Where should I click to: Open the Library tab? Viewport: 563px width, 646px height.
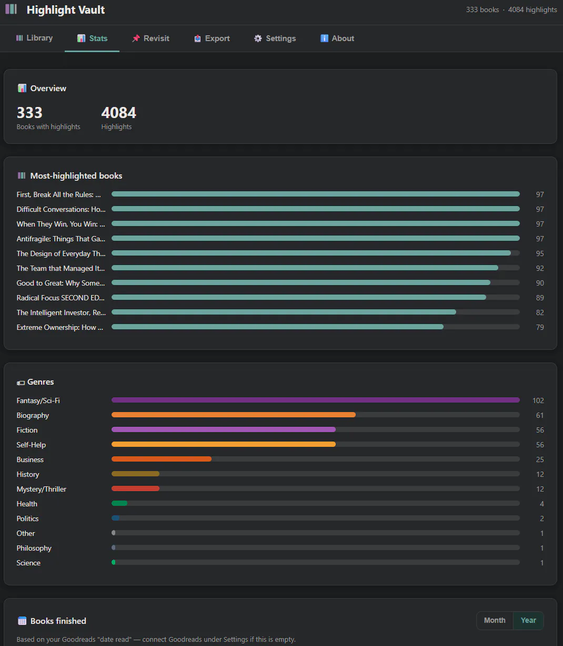pos(34,38)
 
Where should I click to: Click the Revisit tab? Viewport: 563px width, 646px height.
pos(150,38)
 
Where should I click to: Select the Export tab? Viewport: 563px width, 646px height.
pos(212,38)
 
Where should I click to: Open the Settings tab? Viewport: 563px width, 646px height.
pos(275,38)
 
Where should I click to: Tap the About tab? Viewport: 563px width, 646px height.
pos(337,38)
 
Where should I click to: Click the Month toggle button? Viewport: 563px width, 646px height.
pos(495,620)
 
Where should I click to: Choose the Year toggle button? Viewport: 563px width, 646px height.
pos(528,620)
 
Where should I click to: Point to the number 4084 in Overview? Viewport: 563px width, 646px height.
pos(118,112)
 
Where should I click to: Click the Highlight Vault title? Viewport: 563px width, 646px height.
pos(66,10)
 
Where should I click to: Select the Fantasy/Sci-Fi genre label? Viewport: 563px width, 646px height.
pos(38,400)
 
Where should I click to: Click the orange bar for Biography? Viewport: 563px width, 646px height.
pos(234,415)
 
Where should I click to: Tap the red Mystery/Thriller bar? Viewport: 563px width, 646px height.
pos(136,488)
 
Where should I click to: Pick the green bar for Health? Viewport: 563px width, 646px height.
pos(119,503)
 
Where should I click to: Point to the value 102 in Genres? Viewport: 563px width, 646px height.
pos(538,400)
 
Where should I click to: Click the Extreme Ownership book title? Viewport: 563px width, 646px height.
pos(60,327)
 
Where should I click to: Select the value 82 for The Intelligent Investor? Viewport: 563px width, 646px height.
pos(540,312)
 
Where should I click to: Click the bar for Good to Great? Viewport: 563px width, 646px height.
pos(301,282)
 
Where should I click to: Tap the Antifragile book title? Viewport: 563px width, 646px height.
pos(61,239)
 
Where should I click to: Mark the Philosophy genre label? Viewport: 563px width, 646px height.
pos(34,548)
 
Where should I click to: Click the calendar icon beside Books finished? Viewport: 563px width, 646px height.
pos(22,621)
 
